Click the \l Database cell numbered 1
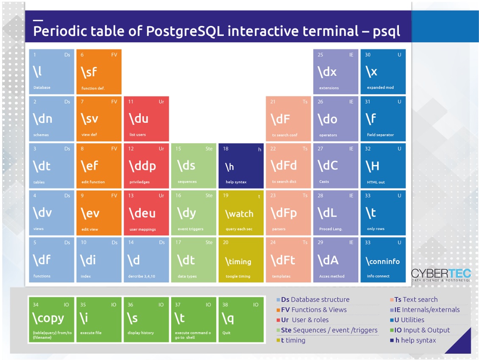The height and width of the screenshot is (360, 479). coord(52,72)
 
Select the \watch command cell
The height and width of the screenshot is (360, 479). coord(241,213)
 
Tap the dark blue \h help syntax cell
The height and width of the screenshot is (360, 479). coord(241,166)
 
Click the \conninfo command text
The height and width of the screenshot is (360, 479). coord(383,261)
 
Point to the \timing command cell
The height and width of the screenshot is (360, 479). coord(241,260)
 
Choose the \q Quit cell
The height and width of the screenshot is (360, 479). coord(241,320)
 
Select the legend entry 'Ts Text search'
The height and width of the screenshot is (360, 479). coord(414,299)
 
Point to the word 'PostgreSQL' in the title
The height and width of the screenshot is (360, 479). coord(185,31)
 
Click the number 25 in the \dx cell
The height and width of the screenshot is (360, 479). coord(320,55)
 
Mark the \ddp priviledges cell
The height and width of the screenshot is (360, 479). coord(146,166)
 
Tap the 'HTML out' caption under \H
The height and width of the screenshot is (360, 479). coord(376,182)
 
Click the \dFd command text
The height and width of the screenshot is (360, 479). coord(284,166)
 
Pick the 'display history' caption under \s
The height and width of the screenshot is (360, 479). coord(140,333)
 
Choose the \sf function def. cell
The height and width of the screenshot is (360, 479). coord(99,72)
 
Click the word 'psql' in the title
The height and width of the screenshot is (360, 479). coord(386,32)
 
